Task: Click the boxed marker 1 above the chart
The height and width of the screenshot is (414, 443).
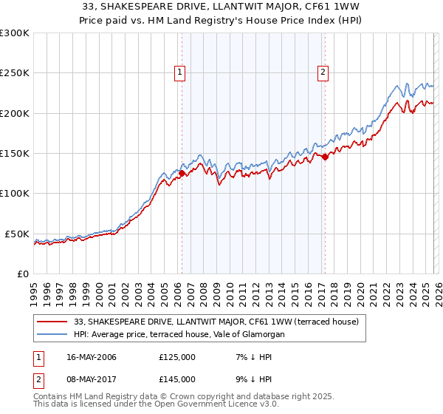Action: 181,72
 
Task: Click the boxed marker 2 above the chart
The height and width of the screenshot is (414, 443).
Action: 323,72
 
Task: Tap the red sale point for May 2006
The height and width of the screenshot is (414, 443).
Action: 182,174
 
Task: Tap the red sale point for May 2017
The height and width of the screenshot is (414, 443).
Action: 324,157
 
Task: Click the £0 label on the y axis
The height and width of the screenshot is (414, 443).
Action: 23,274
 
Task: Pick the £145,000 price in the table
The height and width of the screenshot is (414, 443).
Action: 176,379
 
